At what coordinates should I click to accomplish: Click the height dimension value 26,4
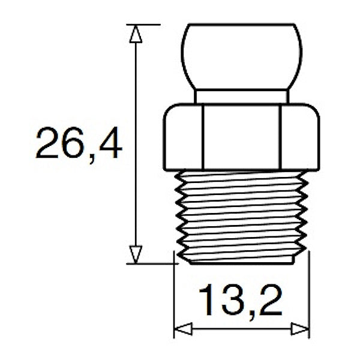tap(78, 145)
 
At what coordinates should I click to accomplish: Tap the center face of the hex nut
tap(241, 137)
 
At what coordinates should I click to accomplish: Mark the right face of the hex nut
tap(298, 137)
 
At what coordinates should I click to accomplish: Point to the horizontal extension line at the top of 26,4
tap(144, 24)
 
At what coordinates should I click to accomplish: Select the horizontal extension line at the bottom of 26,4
tap(150, 263)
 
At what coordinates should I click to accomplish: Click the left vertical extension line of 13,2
tap(174, 300)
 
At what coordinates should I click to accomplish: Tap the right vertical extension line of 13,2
tap(308, 300)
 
